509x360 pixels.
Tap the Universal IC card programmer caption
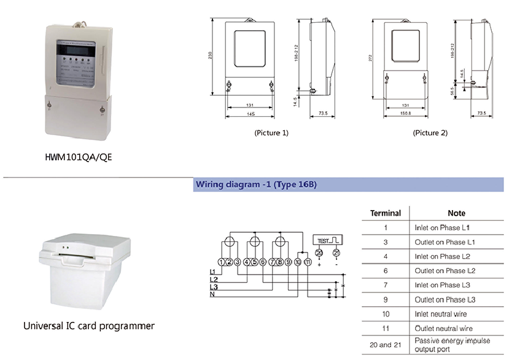[89, 326]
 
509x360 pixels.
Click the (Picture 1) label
[271, 133]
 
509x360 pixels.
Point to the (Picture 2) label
[430, 133]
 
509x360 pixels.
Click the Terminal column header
[386, 213]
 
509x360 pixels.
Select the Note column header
[456, 213]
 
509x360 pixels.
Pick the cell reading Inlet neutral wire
[440, 314]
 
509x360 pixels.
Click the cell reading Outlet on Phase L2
[445, 271]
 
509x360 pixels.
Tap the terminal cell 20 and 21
[386, 345]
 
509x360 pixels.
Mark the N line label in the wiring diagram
[212, 295]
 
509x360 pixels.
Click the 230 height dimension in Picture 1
[211, 57]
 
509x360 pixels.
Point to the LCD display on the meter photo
[74, 49]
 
